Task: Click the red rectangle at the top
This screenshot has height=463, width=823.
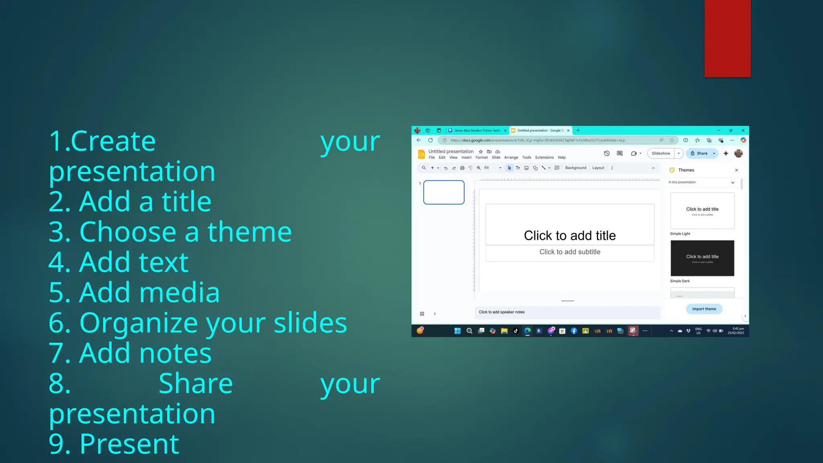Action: [727, 38]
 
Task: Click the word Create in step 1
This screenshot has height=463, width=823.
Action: [113, 141]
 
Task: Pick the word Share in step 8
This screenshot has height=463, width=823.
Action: [196, 384]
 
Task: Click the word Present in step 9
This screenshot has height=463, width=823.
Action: [129, 444]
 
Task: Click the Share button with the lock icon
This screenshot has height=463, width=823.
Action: [699, 153]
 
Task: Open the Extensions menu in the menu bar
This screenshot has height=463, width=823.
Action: [544, 158]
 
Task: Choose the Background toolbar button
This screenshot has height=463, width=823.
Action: [575, 168]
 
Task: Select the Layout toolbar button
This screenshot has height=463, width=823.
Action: [598, 168]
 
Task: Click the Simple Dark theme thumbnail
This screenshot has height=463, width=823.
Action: [702, 258]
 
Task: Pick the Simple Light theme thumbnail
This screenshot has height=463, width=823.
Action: [702, 211]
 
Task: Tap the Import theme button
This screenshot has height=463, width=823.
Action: [704, 309]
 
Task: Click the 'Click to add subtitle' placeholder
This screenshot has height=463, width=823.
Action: [570, 252]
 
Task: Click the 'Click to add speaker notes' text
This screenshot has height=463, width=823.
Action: [502, 312]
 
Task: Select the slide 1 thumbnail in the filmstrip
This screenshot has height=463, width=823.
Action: [444, 192]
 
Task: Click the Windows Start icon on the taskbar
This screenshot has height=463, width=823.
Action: [457, 331]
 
